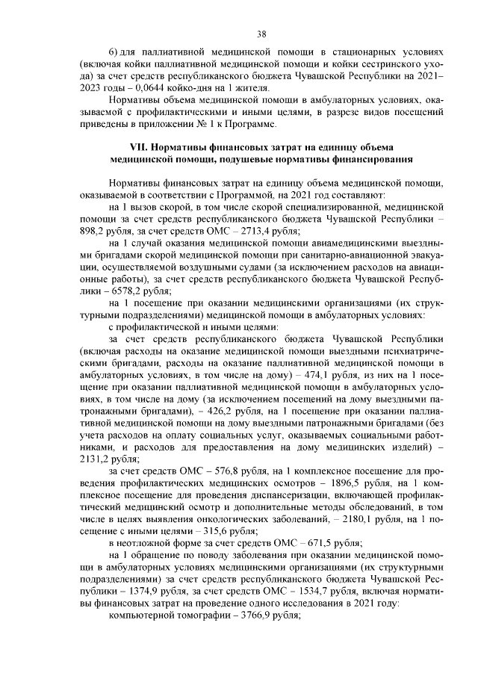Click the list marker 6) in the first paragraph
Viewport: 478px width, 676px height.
[x=114, y=54]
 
